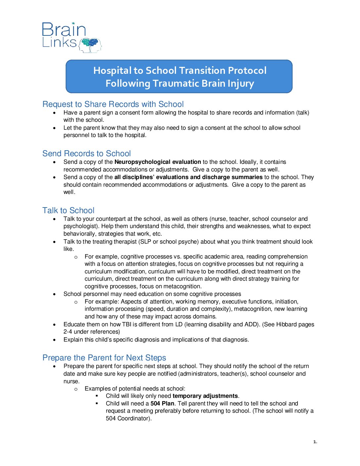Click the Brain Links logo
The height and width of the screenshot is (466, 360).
[x=71, y=37]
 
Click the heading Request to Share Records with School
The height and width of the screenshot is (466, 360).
[x=113, y=104]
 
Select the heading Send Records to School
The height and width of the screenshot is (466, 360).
[x=86, y=154]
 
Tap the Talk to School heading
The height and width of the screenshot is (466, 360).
[x=68, y=210]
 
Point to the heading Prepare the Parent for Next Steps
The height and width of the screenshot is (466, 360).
[x=104, y=358]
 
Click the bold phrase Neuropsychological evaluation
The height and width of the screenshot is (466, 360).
[x=157, y=162]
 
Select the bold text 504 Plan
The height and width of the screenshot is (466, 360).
[x=162, y=403]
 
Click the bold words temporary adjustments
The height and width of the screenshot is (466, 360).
[x=205, y=396]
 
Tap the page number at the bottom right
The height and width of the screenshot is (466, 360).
[x=315, y=442]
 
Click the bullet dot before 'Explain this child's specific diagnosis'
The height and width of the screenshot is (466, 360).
[x=55, y=340]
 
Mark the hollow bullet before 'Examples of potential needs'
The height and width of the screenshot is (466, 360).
[x=76, y=389]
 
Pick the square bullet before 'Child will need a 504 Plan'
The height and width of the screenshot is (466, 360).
[x=97, y=403]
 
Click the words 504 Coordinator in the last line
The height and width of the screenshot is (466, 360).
[x=128, y=418]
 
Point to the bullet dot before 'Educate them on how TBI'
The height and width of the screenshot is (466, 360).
[x=55, y=325]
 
